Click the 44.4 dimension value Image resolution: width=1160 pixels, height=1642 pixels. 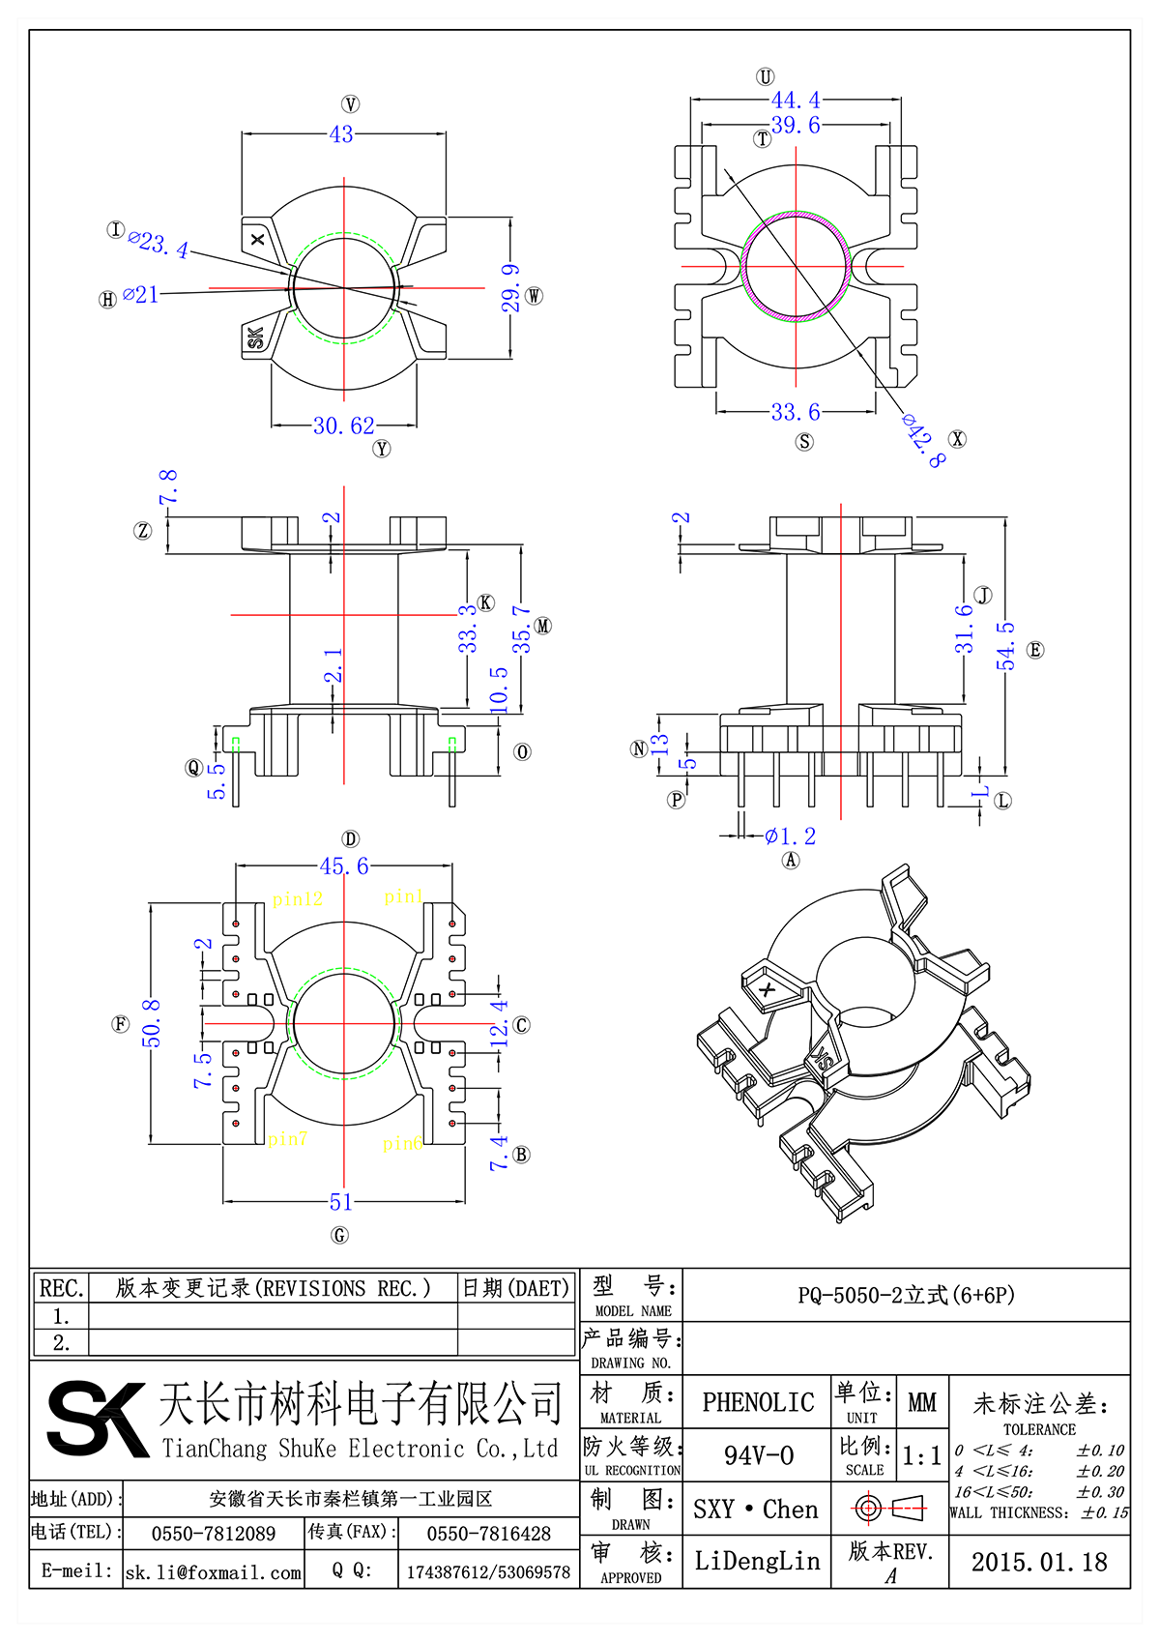[795, 101]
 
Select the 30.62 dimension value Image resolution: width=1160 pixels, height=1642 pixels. [343, 425]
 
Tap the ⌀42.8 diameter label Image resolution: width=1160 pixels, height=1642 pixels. [923, 440]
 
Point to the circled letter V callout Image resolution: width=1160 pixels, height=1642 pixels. [350, 104]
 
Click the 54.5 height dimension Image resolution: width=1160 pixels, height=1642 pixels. [1006, 645]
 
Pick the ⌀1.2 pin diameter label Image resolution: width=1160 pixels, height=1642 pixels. [790, 836]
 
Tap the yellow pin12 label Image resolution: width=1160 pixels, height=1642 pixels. [297, 899]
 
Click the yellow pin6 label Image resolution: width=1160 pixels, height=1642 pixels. [402, 1144]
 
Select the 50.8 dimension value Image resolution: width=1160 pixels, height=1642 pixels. [152, 1023]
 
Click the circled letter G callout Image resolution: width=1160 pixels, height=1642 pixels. [339, 1235]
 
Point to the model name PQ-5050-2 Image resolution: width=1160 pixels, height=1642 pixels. [906, 1295]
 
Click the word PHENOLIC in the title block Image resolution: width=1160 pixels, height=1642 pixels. [758, 1402]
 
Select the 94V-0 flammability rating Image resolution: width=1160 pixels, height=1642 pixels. [758, 1455]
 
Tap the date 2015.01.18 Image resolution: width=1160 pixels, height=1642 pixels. [1038, 1562]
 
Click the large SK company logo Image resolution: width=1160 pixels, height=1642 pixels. [97, 1418]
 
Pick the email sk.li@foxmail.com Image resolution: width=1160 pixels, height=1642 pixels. [214, 1572]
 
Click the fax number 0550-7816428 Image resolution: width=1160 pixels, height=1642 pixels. [488, 1534]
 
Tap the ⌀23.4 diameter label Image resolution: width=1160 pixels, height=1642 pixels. [159, 244]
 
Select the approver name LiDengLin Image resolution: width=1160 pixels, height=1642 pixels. [757, 1561]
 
